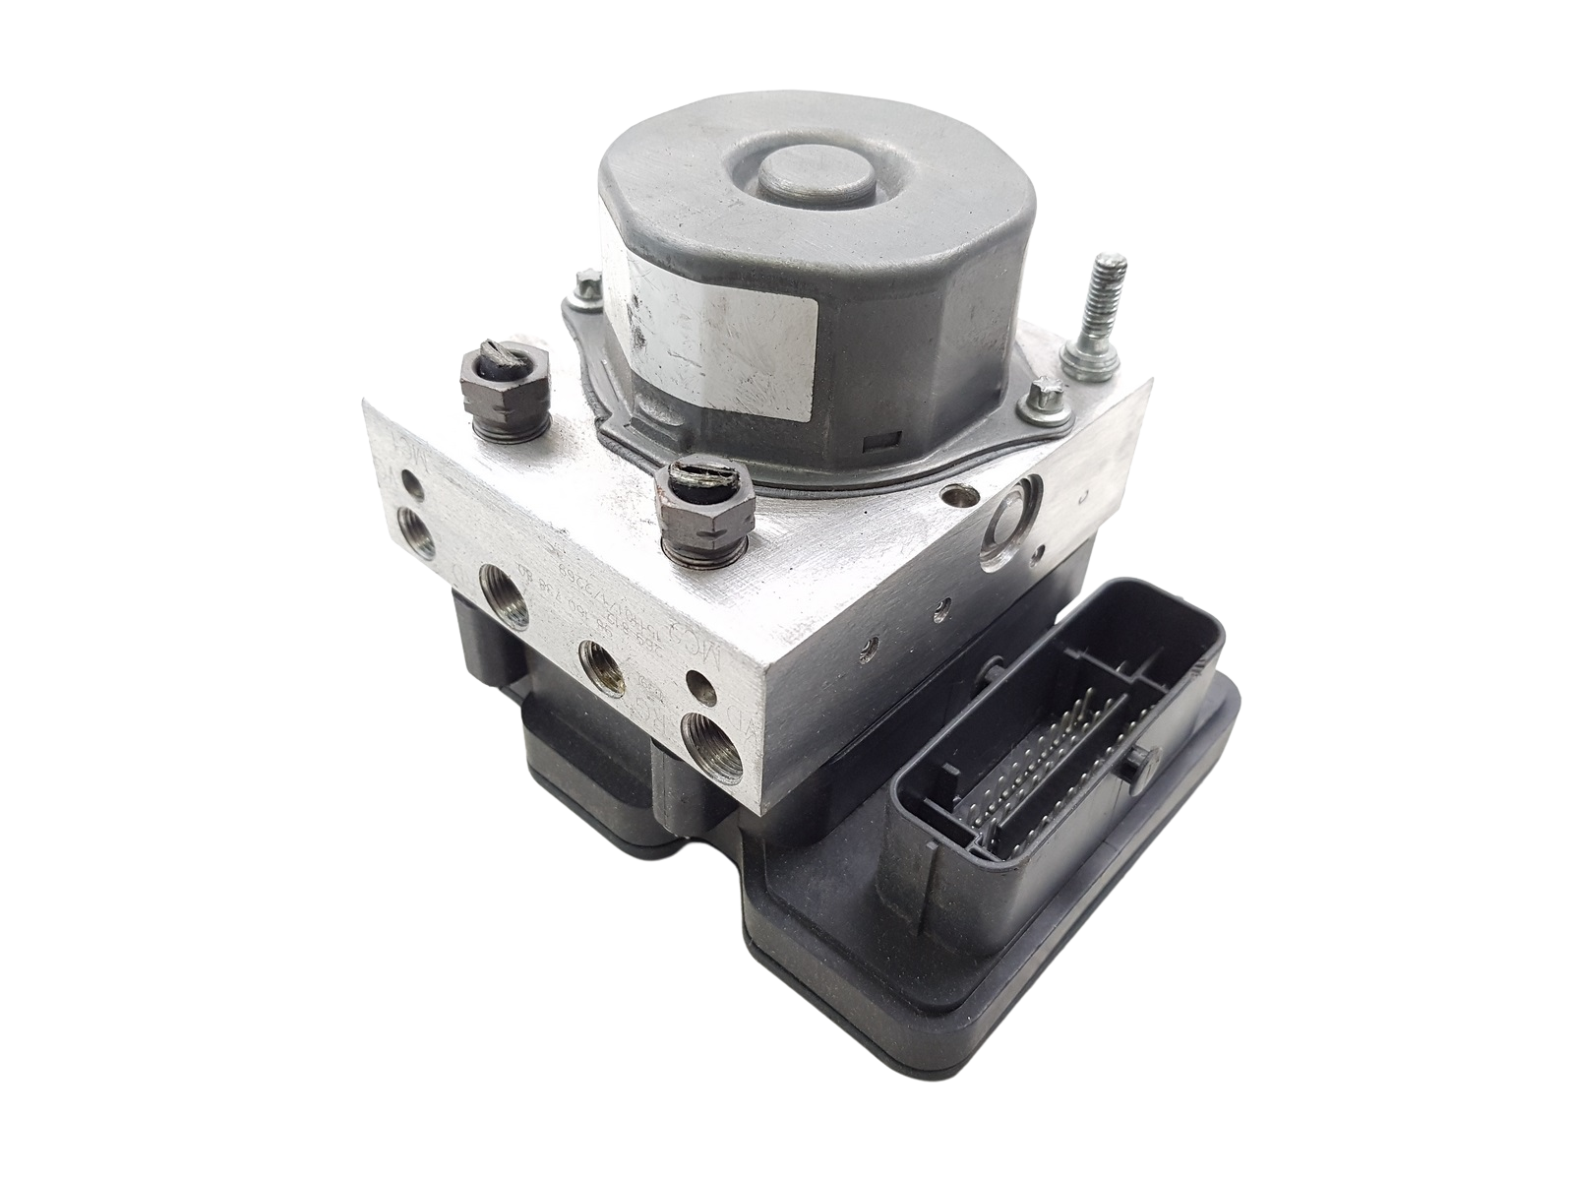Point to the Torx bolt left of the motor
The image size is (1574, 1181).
587,287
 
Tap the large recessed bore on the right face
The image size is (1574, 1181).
1008,516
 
